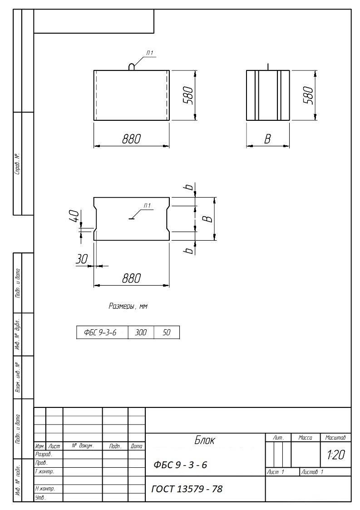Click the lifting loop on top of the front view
pos(131,66)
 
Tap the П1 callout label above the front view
pos(150,53)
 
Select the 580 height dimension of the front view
pos(188,95)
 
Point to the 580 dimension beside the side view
pos(309,95)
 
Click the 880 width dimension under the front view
pos(131,139)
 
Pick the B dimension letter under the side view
pos(267,139)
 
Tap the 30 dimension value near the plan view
pos(82,259)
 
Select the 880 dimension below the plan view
pos(131,278)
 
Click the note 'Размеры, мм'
pos(128,306)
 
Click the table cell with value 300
pos(141,332)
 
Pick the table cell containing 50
pos(167,332)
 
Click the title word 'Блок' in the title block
pos(205,441)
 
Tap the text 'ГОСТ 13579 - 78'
pos(187,489)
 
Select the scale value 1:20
pos(335,455)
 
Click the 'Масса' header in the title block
pos(306,438)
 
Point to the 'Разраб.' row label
pos(44,454)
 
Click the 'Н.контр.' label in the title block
pos(45,489)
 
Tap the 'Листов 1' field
pos(312,472)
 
